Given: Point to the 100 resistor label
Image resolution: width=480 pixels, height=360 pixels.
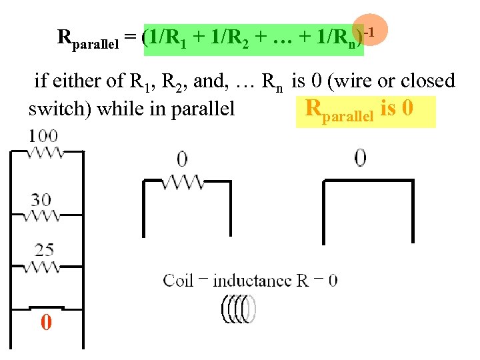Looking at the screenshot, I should pos(43,136).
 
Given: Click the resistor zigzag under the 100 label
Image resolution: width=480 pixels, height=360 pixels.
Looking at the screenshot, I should pos(45,153).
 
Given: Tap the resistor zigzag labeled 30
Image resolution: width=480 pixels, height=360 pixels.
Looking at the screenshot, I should pos(45,216).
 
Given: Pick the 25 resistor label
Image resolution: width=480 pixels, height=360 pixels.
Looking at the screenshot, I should pos(45,250).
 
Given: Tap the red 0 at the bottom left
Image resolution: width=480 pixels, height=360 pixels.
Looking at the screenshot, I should pos(46,323).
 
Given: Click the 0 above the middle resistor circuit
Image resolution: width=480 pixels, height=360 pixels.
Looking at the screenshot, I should pos(182,159).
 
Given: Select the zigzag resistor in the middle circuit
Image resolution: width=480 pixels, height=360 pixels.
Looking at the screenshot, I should pos(183,181).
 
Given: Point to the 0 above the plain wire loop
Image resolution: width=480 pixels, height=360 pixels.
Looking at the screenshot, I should pos(361,157).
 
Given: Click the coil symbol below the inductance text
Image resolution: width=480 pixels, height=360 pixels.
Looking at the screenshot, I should pos(238,309).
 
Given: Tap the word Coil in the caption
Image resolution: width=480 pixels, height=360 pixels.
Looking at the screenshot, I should pos(178,280).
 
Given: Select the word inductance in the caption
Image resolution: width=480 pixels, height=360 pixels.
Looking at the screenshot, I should pos(252,280).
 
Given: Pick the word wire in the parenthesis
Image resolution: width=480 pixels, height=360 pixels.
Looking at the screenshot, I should pos(359,81).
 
